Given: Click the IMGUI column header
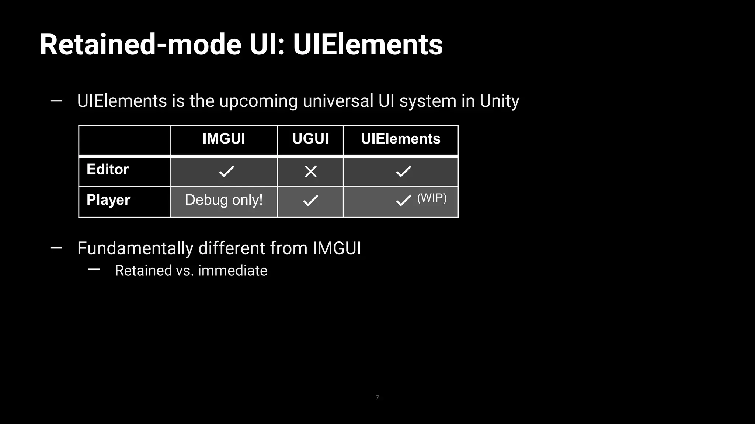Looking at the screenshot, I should [x=224, y=139].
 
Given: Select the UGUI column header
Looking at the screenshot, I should [x=310, y=139].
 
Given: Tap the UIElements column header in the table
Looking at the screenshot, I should [x=400, y=139].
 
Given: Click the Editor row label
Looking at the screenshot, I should [x=108, y=169].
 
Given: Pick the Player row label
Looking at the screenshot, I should [x=108, y=200].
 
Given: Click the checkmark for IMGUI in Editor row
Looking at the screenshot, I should [x=226, y=171].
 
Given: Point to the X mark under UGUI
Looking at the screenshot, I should [x=311, y=171].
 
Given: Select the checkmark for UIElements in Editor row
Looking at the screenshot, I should [x=403, y=171].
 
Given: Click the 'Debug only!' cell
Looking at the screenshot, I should [x=224, y=200].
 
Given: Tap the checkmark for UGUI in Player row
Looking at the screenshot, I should [x=311, y=200].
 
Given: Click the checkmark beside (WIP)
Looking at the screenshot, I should [x=403, y=201].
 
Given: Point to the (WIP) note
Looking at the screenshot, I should [x=432, y=198].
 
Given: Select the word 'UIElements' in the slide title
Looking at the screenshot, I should [x=368, y=45].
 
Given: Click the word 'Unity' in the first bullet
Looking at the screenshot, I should [x=499, y=101].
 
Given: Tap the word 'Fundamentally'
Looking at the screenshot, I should [x=135, y=248].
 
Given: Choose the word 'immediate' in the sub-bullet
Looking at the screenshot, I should [x=233, y=271].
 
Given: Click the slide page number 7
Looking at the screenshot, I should [x=377, y=397].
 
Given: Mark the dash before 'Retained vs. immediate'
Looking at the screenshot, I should [x=94, y=270].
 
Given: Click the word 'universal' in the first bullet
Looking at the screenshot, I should [x=338, y=101].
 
